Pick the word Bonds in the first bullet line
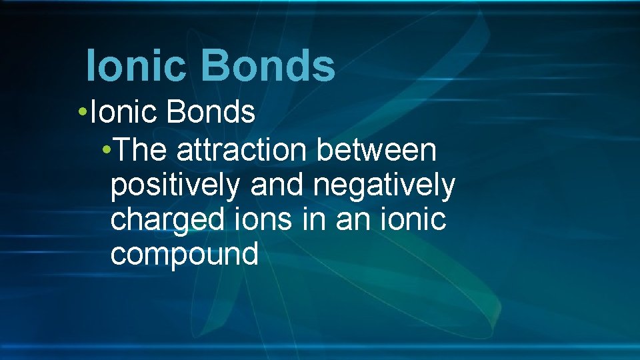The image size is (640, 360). click(x=211, y=113)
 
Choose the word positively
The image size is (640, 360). click(x=174, y=186)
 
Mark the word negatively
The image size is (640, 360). click(x=384, y=186)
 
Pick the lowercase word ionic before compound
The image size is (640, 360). click(x=415, y=219)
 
